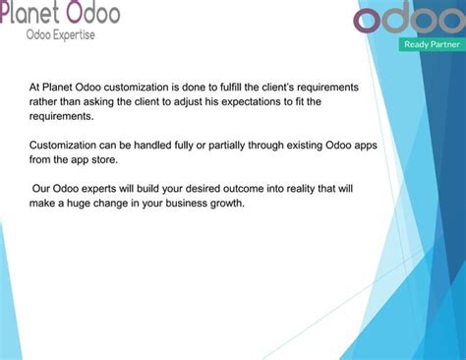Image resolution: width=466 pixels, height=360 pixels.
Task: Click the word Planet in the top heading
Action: coord(31,13)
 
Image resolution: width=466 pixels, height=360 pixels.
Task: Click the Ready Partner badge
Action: coord(431,44)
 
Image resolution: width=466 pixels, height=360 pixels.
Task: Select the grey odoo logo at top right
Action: coord(406,19)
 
